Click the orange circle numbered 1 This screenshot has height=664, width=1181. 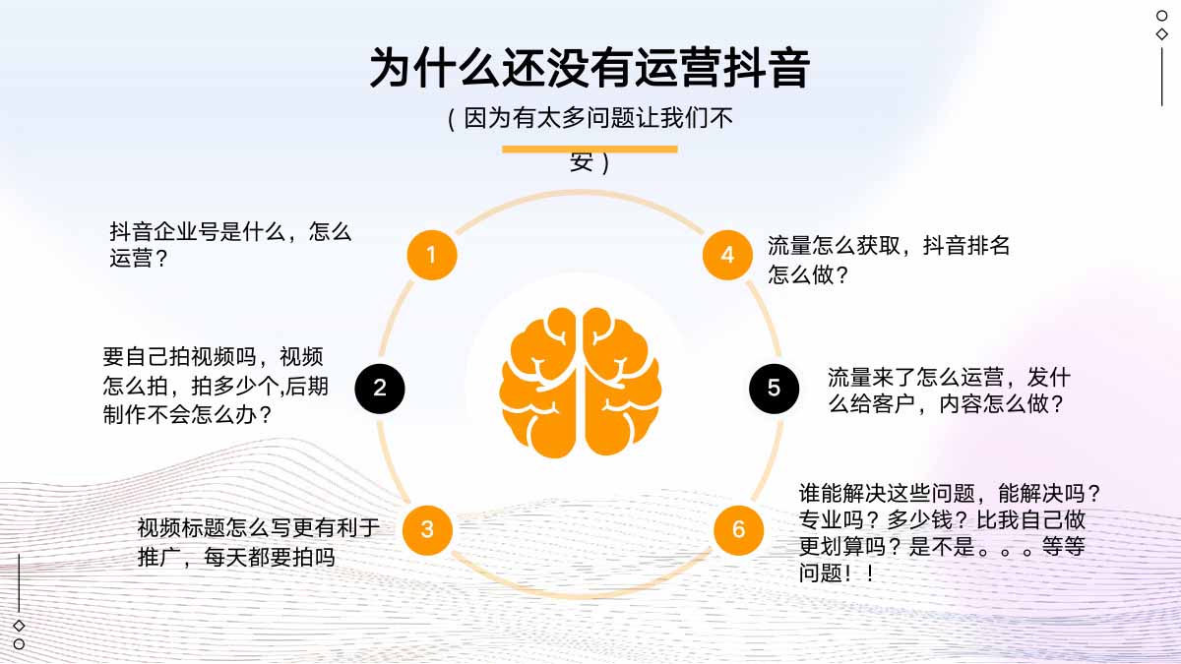click(x=431, y=256)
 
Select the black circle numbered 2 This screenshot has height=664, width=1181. click(x=380, y=389)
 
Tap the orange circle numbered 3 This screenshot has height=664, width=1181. click(x=427, y=529)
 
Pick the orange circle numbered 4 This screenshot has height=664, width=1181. click(x=727, y=256)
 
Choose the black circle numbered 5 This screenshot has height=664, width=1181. click(x=774, y=389)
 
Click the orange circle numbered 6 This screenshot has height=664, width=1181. click(x=738, y=530)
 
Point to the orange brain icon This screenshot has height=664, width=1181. click(x=581, y=382)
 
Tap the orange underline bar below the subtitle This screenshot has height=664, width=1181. click(x=590, y=149)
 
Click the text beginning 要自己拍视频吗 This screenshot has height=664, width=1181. click(x=216, y=386)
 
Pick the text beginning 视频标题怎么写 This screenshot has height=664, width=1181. click(x=258, y=543)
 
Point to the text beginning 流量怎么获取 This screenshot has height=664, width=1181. click(x=889, y=261)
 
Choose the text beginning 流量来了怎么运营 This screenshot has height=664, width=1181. click(x=948, y=391)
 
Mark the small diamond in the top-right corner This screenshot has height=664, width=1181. click(x=1162, y=33)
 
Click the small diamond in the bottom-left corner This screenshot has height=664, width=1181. click(x=19, y=626)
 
